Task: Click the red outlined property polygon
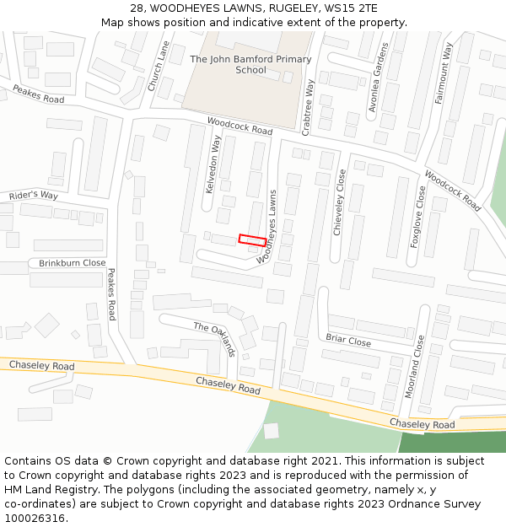pyautogui.click(x=252, y=240)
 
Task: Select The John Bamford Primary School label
pyautogui.click(x=250, y=65)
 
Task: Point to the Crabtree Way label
pyautogui.click(x=310, y=106)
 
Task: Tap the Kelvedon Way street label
pyautogui.click(x=213, y=164)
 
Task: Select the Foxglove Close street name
pyautogui.click(x=417, y=217)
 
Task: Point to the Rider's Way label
pyautogui.click(x=34, y=196)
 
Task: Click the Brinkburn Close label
pyautogui.click(x=73, y=263)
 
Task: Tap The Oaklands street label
pyautogui.click(x=214, y=339)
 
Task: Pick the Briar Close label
pyautogui.click(x=348, y=341)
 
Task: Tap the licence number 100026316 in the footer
pyautogui.click(x=35, y=518)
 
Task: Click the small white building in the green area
pyautogui.click(x=271, y=431)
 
